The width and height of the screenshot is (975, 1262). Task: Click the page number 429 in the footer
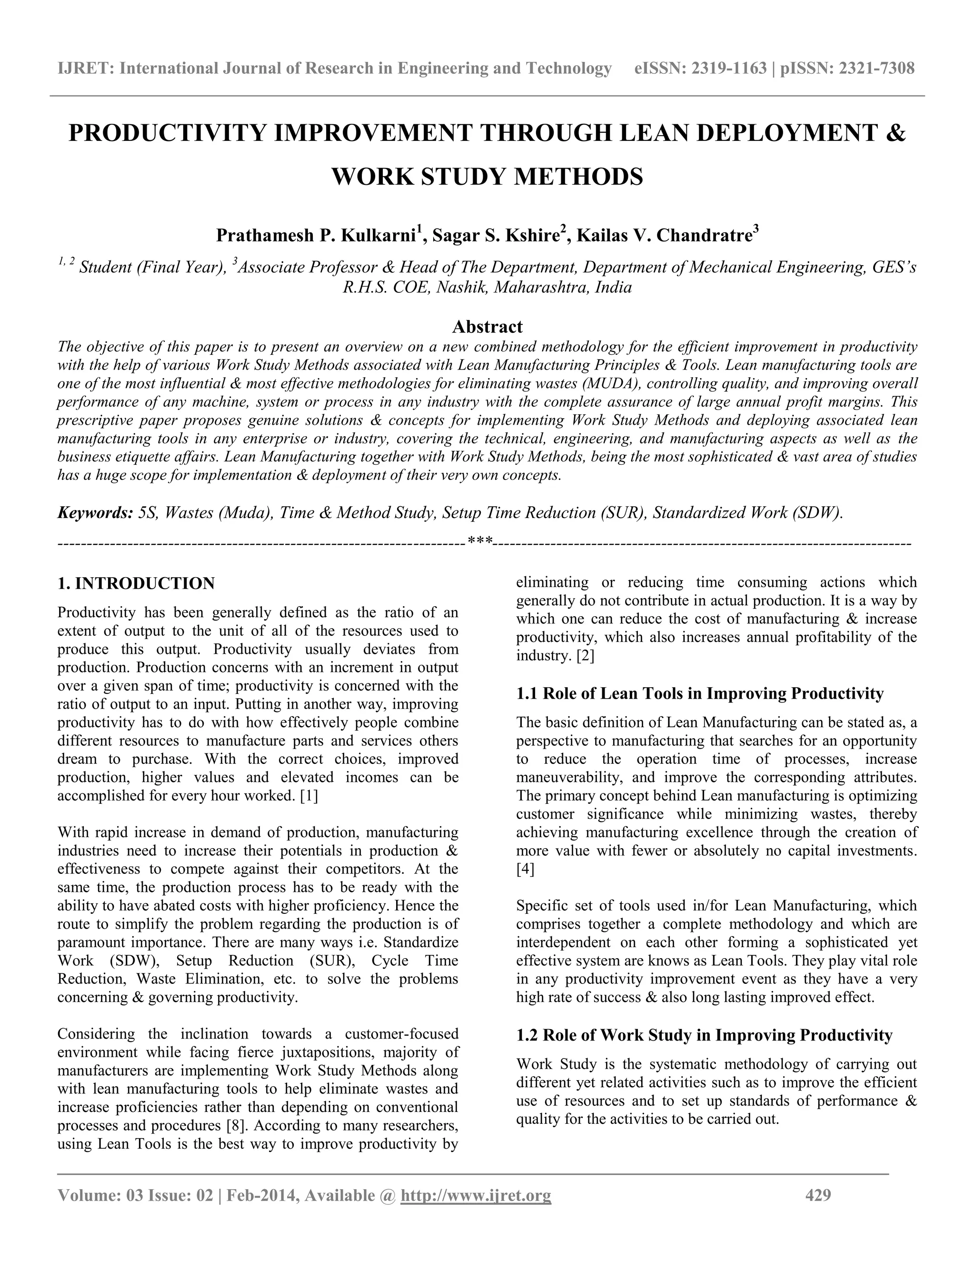coord(818,1195)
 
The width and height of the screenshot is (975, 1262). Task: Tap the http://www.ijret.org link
coord(476,1195)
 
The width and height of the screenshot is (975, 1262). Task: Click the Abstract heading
coord(487,327)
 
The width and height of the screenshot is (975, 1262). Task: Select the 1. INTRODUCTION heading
coord(136,583)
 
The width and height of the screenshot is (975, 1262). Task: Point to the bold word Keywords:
coord(95,512)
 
